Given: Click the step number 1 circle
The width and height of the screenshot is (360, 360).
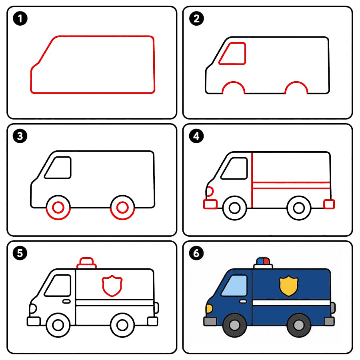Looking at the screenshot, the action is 20,18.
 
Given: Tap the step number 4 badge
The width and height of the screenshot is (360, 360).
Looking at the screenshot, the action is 196,136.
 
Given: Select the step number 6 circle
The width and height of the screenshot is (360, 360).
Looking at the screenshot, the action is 196,253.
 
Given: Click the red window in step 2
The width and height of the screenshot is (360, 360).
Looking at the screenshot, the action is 232,54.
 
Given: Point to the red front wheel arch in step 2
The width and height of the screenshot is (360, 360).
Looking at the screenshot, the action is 234,82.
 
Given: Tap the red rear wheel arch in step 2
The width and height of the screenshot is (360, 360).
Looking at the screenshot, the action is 296,82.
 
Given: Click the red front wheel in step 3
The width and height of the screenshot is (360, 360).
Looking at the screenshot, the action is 58,208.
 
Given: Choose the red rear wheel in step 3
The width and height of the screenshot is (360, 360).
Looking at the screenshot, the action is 122,208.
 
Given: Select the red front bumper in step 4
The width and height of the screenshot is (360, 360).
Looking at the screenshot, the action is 210,204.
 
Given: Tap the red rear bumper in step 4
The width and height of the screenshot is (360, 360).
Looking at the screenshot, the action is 329,204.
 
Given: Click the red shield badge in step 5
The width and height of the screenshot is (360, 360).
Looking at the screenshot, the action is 112,286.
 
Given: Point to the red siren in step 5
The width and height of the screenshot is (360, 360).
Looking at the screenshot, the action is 86,263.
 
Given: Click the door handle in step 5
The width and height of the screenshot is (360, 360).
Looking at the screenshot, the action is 66,301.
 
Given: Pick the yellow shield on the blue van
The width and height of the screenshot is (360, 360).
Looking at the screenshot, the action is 288,286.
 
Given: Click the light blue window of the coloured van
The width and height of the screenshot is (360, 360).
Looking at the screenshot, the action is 234,285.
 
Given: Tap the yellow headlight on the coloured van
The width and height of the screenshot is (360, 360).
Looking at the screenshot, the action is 209,308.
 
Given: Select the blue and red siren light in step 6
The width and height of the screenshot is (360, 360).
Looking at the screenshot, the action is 263,261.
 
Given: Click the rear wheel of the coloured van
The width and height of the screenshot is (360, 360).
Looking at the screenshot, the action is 299,325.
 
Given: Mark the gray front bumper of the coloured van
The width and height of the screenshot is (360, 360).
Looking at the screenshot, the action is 210,322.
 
